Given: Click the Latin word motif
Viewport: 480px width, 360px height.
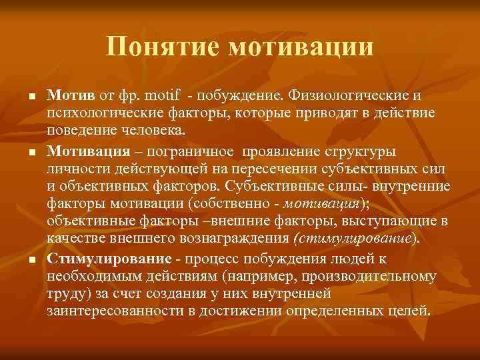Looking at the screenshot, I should pos(159,96).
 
